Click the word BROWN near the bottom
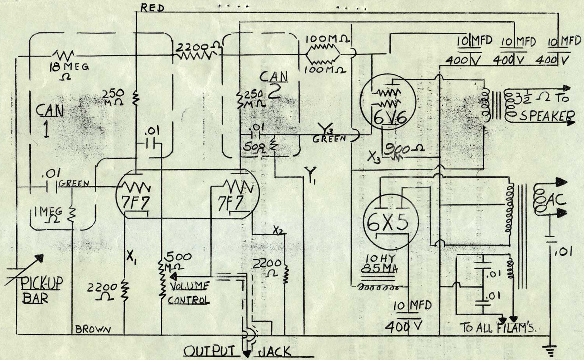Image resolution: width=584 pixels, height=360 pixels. (93, 329)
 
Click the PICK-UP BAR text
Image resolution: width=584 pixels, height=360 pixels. (41, 290)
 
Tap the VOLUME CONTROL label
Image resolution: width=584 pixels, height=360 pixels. (189, 293)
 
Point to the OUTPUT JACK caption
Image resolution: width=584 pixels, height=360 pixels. (237, 351)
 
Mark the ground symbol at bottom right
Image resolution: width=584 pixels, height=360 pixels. (551, 351)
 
